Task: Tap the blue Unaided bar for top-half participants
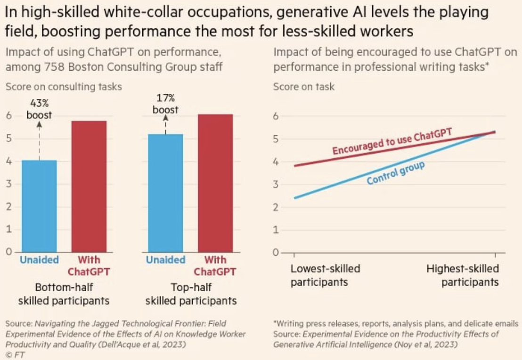165,193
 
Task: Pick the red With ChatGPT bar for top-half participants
215,183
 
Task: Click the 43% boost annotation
39,109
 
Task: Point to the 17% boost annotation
165,104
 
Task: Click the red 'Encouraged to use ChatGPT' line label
392,141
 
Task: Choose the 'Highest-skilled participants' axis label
463,276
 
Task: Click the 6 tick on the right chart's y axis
277,116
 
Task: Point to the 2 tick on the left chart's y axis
8,207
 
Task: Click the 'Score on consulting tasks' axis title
64,87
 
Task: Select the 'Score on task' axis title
304,87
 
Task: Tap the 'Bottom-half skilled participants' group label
64,294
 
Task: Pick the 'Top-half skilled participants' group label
191,294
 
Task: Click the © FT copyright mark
15,355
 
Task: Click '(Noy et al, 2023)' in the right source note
432,344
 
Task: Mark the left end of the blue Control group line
294,198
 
